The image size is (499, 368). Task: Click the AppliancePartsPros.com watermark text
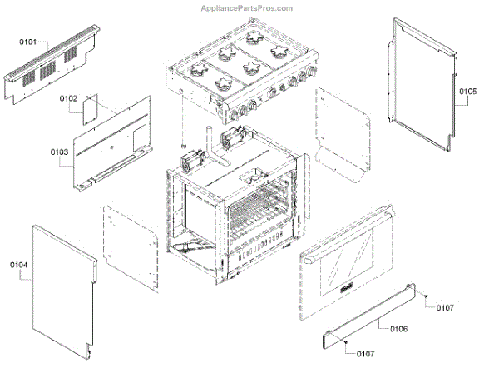coord(248,8)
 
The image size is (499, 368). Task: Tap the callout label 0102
coord(68,98)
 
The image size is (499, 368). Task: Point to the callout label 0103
coord(59,152)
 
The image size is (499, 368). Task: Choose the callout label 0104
coord(19,265)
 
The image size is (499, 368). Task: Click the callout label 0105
coord(467,90)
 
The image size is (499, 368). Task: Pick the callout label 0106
coord(398,329)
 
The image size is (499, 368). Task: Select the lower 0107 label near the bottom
coord(364,354)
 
